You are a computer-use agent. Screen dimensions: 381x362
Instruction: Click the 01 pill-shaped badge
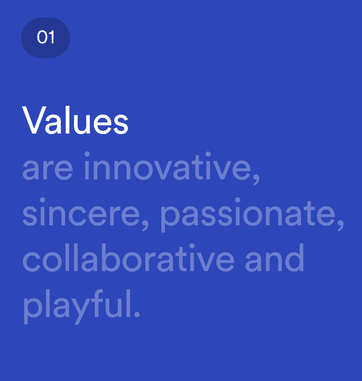45,37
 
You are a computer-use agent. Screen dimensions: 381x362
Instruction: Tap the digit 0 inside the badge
41,37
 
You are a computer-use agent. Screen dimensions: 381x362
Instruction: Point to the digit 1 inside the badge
51,37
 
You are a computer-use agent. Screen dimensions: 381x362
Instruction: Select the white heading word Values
75,121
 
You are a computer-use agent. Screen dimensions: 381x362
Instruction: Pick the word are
47,170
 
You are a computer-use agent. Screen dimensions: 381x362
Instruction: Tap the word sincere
83,214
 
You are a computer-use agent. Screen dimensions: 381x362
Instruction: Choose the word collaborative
128,258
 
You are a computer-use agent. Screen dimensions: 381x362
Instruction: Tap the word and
275,258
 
